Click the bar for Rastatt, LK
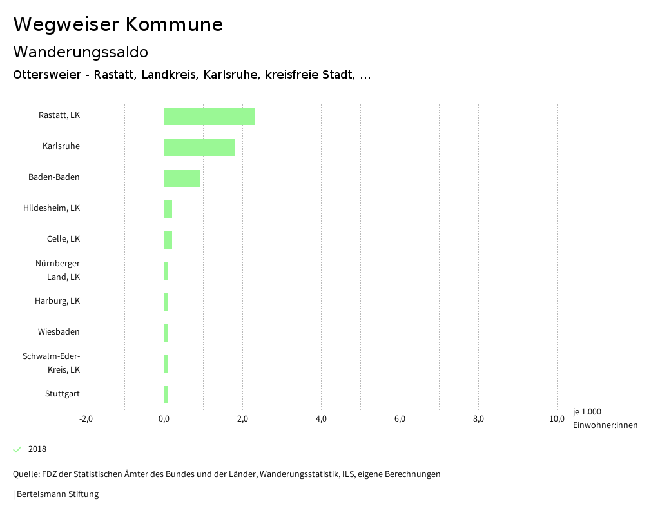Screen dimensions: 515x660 pyautogui.click(x=209, y=116)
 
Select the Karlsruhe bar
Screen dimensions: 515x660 pyautogui.click(x=200, y=147)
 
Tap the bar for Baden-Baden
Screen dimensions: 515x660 pyautogui.click(x=182, y=178)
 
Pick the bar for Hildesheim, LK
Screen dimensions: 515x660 pyautogui.click(x=168, y=209)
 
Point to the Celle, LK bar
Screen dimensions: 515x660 pyautogui.click(x=168, y=240)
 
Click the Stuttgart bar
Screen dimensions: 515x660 pyautogui.click(x=166, y=394)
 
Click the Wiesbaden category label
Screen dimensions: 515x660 pyautogui.click(x=59, y=332)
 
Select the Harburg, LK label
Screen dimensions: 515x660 pyautogui.click(x=57, y=301)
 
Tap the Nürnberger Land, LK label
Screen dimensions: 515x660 pyautogui.click(x=58, y=270)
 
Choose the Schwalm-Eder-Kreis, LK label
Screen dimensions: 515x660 pyautogui.click(x=52, y=363)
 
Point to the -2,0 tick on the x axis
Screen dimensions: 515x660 pyautogui.click(x=86, y=419)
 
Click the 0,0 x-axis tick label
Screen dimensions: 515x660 pyautogui.click(x=164, y=419)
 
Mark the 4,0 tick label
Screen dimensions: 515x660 pyautogui.click(x=322, y=419)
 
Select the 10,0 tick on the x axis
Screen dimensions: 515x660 pyautogui.click(x=557, y=419)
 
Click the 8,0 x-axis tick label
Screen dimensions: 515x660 pyautogui.click(x=478, y=419)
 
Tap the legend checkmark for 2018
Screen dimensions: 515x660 pyautogui.click(x=17, y=449)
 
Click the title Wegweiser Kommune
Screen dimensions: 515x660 pyautogui.click(x=118, y=24)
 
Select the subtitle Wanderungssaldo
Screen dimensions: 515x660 pyautogui.click(x=81, y=52)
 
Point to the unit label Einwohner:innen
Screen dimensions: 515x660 pyautogui.click(x=605, y=425)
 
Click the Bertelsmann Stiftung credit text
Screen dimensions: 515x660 pyautogui.click(x=57, y=494)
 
